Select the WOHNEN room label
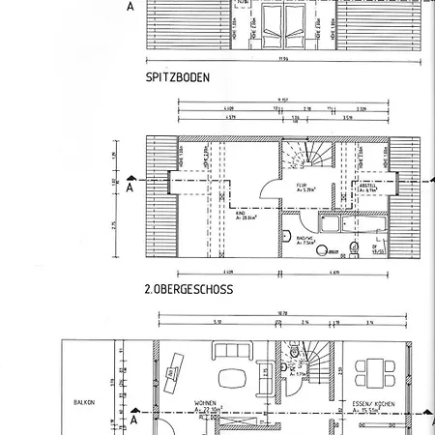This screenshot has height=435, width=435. pyautogui.click(x=206, y=403)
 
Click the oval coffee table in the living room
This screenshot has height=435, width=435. pyautogui.click(x=231, y=377)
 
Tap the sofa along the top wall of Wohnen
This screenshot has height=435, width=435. pyautogui.click(x=232, y=352)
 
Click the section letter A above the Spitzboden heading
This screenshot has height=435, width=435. pyautogui.click(x=130, y=6)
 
